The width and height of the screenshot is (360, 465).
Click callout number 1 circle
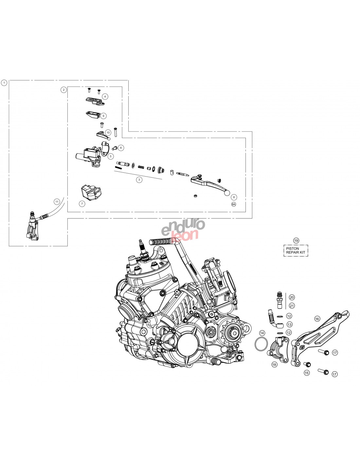4,83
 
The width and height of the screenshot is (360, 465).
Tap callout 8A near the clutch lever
233,204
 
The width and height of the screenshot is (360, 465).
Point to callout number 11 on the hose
57,201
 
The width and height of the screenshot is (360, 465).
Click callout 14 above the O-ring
262,333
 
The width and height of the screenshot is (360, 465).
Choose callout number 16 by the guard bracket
317,319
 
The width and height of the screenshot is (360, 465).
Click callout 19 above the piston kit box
296,240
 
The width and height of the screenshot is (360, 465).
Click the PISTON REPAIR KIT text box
296,250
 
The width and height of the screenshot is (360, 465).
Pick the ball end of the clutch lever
227,193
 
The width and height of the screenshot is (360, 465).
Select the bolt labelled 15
307,364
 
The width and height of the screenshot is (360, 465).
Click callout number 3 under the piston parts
139,180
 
